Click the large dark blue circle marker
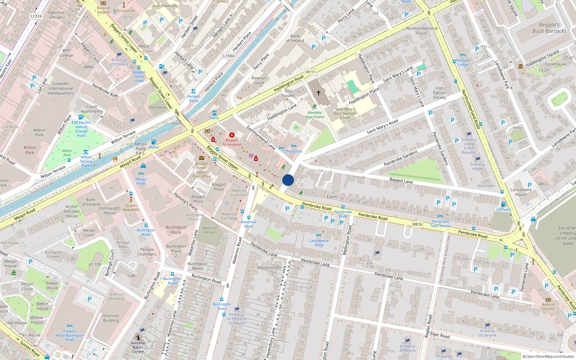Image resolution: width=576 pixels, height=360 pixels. (288, 180)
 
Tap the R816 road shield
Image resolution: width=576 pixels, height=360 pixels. (417, 224)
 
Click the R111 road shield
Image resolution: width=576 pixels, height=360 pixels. (310, 72)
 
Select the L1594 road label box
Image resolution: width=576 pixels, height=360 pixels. (229, 56)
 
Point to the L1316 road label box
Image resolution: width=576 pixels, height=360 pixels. (36, 16)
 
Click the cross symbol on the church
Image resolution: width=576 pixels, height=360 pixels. (318, 93)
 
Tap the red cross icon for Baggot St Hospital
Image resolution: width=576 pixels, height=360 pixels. (232, 135)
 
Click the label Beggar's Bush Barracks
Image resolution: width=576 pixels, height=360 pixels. (549, 28)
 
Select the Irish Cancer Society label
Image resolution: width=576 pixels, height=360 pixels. (439, 93)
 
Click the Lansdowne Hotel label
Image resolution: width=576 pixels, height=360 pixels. (319, 243)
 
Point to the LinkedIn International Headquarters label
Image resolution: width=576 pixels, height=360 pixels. (61, 88)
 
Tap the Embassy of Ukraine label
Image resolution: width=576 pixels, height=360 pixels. (487, 333)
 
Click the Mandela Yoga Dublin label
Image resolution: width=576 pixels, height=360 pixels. (315, 114)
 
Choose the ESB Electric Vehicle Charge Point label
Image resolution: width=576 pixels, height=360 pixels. (81, 129)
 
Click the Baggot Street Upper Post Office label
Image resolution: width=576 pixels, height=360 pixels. (202, 170)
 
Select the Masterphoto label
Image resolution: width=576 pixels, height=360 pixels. (269, 267)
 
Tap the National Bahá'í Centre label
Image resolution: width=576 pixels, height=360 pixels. (138, 347)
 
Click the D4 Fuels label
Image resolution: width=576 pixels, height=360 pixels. (504, 209)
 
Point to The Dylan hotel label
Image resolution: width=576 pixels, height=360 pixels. (294, 151)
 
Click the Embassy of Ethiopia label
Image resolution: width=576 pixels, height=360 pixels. (119, 62)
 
